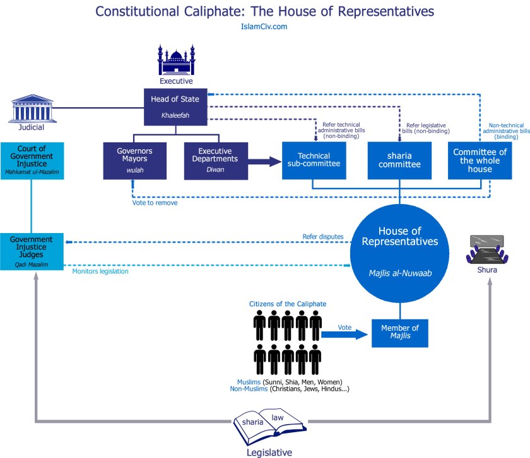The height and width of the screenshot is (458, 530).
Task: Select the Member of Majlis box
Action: point(399,332)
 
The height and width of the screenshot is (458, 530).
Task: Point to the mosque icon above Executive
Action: point(177,60)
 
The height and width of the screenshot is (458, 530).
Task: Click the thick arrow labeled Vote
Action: point(344,334)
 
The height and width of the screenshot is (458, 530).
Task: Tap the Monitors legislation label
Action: point(100,271)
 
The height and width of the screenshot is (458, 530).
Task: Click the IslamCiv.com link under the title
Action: point(264,26)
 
